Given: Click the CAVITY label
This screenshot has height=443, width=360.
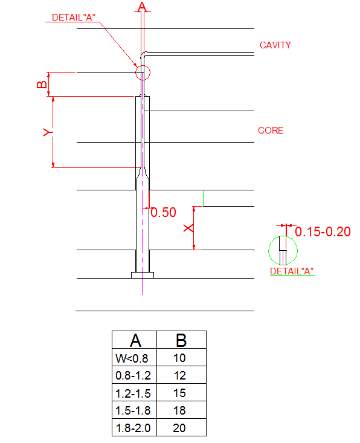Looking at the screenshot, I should click(x=275, y=45).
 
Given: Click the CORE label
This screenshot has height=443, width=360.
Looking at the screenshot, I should click(x=271, y=131).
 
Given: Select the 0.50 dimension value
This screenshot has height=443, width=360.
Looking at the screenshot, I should click(x=163, y=213).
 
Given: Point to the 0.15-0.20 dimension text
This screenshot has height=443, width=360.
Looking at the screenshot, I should click(x=323, y=231).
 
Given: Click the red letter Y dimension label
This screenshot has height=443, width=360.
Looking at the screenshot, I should click(x=48, y=131).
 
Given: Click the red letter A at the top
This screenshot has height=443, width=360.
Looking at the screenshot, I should click(x=142, y=7).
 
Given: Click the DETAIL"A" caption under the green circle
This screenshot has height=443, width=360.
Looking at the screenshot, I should click(x=292, y=271).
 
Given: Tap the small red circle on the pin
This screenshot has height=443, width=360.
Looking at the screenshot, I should click(x=143, y=73).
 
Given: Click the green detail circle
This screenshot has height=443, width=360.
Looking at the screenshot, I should click(x=283, y=250).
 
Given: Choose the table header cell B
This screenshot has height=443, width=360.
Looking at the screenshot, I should click(x=181, y=341).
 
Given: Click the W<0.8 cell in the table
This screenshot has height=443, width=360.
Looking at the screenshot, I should click(x=132, y=358).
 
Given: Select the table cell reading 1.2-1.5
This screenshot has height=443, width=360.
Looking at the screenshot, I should click(x=133, y=393).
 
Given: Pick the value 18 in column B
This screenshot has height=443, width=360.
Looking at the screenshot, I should click(x=179, y=411).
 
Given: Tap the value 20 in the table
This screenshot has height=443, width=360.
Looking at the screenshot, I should click(x=179, y=428).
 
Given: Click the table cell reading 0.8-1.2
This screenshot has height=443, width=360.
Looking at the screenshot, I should click(x=133, y=376).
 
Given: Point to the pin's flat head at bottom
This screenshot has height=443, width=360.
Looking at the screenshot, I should click(x=143, y=275).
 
